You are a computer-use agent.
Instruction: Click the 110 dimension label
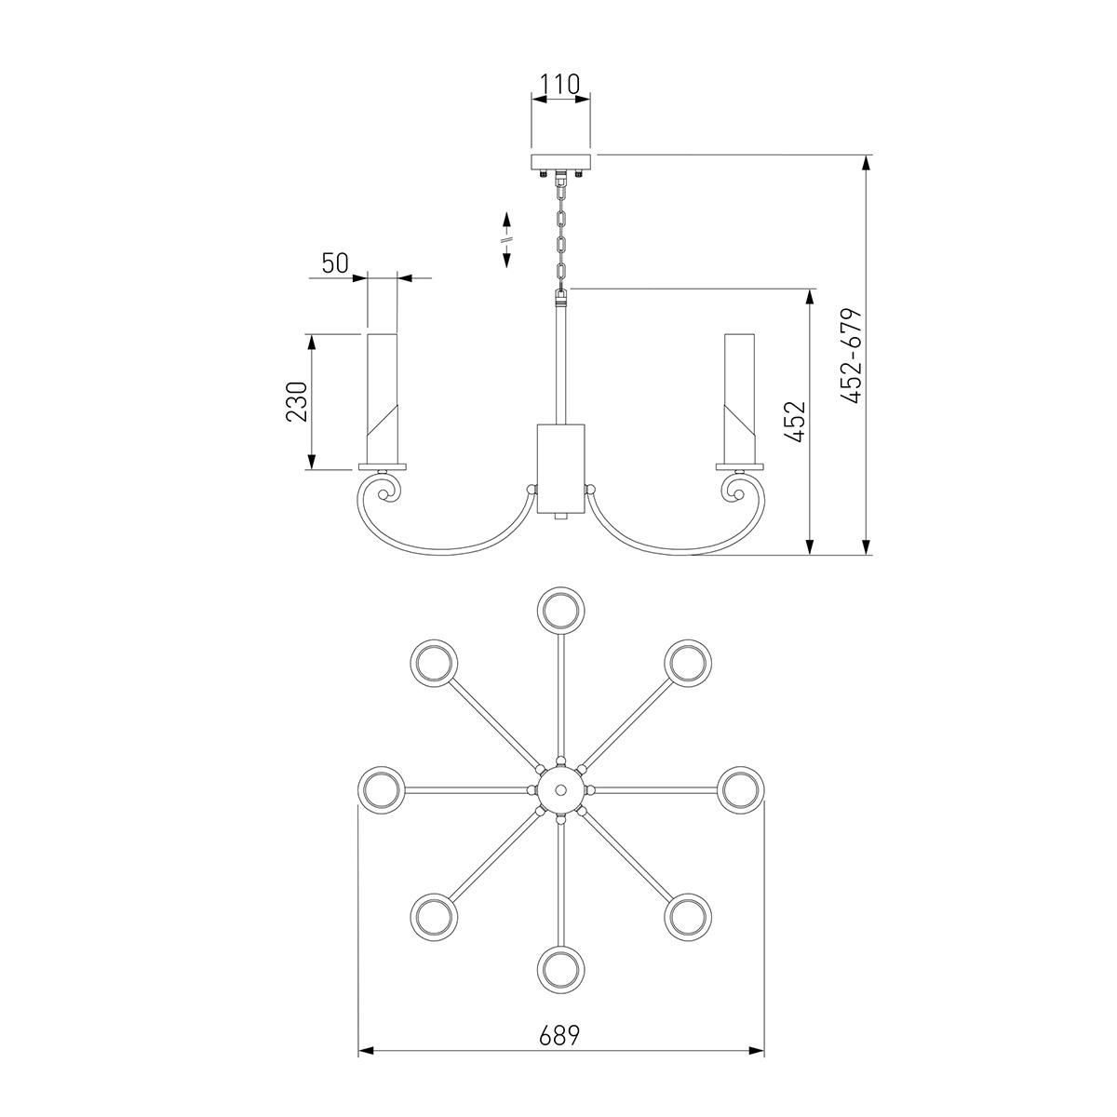tap(559, 85)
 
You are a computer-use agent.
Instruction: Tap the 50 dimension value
tap(335, 263)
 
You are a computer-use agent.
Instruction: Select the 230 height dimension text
tap(296, 401)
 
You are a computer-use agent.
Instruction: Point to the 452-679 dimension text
tap(852, 356)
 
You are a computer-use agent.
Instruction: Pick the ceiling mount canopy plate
tap(560, 162)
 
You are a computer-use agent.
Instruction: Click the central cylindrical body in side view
tap(560, 468)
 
